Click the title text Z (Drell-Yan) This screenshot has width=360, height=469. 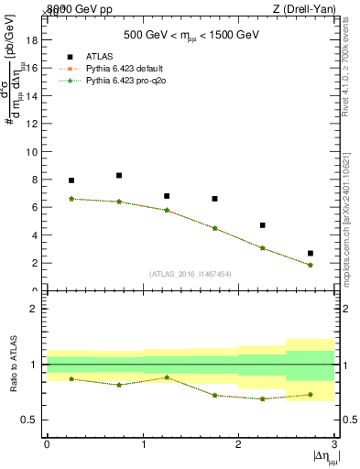coord(301,8)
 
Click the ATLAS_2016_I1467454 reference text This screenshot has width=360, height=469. coord(191,274)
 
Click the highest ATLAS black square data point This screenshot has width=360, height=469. coord(119,175)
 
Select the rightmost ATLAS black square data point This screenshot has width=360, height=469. coord(311,253)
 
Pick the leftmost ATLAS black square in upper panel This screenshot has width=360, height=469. coord(71,180)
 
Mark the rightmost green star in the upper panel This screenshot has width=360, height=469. coord(311,265)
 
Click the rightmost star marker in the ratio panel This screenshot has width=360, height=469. coord(311,395)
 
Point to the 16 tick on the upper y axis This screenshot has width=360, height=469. coord(37,68)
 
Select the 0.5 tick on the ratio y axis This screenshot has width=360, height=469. coord(34,420)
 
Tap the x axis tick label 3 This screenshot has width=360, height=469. coord(335,444)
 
